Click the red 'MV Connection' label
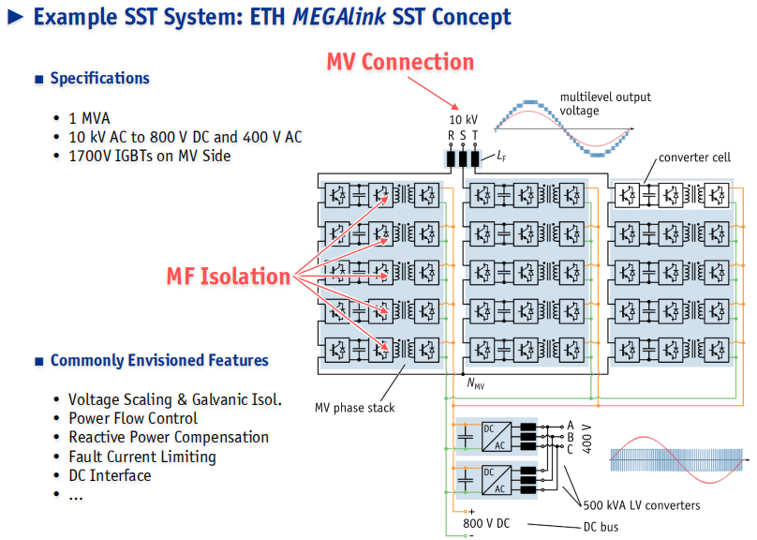click(x=400, y=62)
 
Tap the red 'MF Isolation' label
click(x=229, y=277)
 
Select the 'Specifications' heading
click(x=100, y=78)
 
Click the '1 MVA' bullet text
click(x=89, y=118)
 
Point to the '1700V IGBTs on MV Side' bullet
click(x=150, y=156)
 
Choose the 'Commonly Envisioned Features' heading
click(x=159, y=360)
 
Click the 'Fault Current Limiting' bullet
click(x=142, y=457)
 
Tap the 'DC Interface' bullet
click(x=110, y=475)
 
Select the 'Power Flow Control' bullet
click(x=133, y=418)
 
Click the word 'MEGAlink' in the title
click(x=339, y=17)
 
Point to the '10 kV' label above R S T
click(x=463, y=119)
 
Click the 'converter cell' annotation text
click(x=695, y=157)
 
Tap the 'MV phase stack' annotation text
click(x=354, y=408)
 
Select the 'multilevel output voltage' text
click(x=605, y=104)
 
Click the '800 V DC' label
click(x=486, y=523)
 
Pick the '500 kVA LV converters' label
click(x=642, y=505)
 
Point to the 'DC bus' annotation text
click(x=601, y=527)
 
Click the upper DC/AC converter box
click(x=497, y=437)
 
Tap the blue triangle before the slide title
click(x=15, y=17)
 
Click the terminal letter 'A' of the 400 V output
click(x=571, y=426)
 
